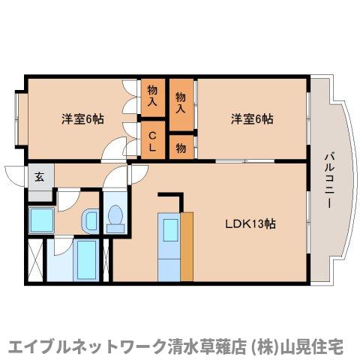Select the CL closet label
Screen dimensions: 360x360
[152, 140]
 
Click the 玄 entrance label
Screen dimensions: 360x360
[39, 178]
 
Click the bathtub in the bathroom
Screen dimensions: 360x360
[85, 259]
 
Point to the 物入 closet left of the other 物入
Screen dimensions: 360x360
[152, 96]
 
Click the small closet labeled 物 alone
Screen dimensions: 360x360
[181, 146]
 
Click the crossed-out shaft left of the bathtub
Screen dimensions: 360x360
[35, 259]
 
